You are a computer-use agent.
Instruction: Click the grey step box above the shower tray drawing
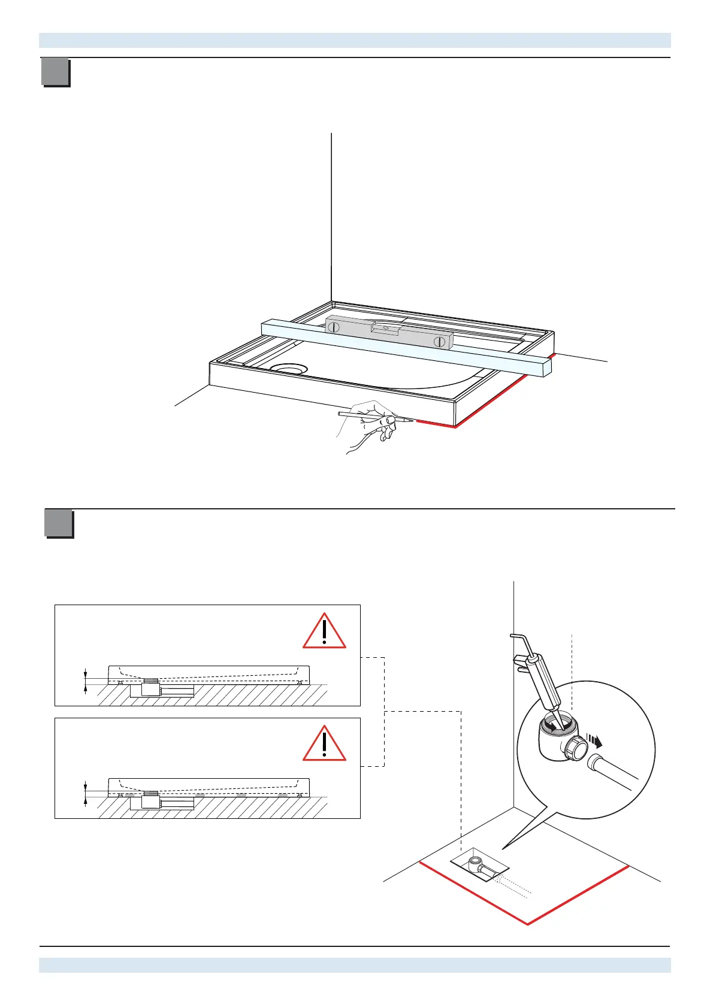[55, 72]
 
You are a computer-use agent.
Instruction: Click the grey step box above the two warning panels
[59, 523]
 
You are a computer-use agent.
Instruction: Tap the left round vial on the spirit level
[334, 327]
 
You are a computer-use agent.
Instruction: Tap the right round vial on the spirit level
[440, 342]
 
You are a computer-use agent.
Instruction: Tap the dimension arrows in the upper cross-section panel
[86, 681]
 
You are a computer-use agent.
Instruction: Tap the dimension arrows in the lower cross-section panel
[86, 794]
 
